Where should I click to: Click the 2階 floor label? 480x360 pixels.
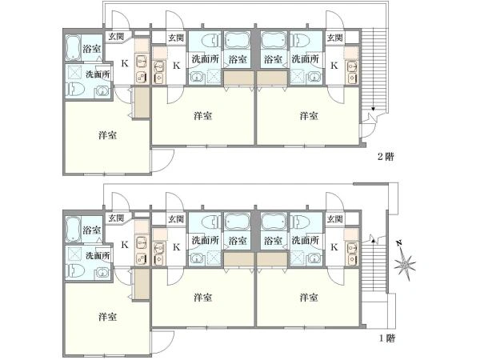(x=386, y=157)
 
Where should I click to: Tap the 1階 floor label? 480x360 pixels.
(x=386, y=338)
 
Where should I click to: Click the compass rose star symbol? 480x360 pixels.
(x=405, y=265)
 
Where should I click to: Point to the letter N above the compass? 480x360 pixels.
(x=398, y=243)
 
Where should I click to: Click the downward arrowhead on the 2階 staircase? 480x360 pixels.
(x=373, y=109)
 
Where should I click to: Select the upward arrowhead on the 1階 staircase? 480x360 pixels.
(x=373, y=241)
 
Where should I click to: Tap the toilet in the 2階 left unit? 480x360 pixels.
(x=75, y=89)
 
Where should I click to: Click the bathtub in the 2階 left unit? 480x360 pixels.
(x=73, y=47)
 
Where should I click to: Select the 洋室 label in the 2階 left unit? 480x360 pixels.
(x=108, y=135)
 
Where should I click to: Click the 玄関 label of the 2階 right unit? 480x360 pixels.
(x=334, y=38)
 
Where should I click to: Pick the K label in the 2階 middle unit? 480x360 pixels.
(x=177, y=66)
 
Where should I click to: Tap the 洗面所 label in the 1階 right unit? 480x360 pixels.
(x=306, y=240)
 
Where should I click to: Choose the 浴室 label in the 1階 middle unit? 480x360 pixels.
(x=238, y=241)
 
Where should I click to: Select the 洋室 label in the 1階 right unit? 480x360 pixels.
(x=309, y=298)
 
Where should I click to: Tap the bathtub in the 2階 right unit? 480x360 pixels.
(x=274, y=41)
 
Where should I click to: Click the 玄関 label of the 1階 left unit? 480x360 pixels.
(x=117, y=218)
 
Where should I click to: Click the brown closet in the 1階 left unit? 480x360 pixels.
(x=142, y=284)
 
